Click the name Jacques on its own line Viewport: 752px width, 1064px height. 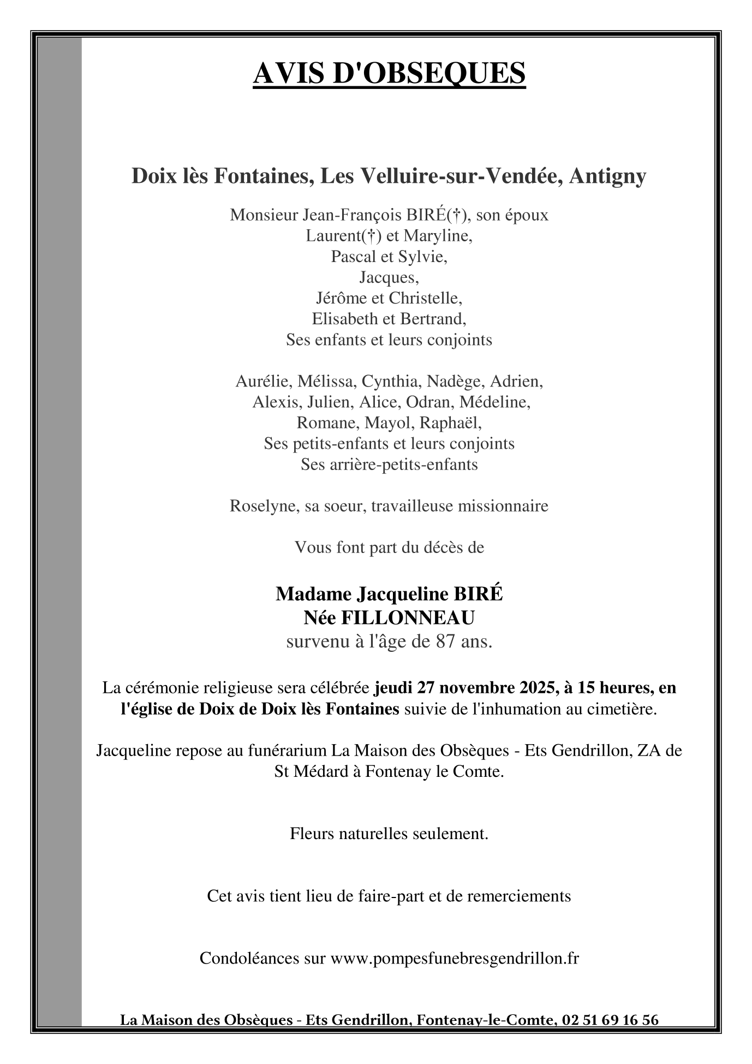[388, 277]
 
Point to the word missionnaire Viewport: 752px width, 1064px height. [503, 506]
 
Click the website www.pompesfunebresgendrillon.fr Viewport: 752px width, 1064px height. [454, 958]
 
